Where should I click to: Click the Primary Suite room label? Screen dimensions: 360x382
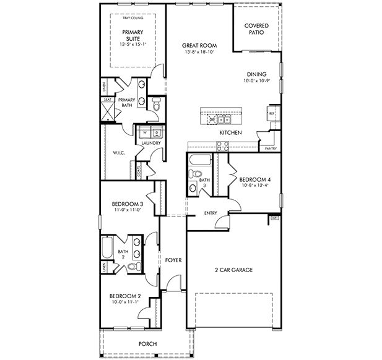coord(131,35)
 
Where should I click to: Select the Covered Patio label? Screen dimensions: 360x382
coord(256,29)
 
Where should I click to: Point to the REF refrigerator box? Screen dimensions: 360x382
coord(271,114)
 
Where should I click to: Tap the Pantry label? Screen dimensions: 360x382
coord(270,149)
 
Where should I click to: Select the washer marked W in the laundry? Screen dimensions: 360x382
coord(144,132)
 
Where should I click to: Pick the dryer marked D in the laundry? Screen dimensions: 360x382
coord(157,132)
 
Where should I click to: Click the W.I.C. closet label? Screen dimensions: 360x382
coord(119,153)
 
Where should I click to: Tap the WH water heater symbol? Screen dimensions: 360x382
coord(274,218)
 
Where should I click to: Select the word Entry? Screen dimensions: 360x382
coord(210,214)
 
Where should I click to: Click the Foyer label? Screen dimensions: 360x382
coord(173,260)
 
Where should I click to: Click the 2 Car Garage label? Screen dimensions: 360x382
coord(234,270)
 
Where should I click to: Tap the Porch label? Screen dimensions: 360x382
coord(147,344)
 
